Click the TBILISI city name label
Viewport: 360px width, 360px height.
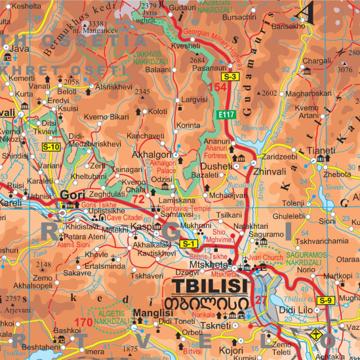pyautogui.click(x=210, y=287)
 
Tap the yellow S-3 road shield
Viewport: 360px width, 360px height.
pyautogui.click(x=229, y=77)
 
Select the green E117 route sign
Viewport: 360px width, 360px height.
pyautogui.click(x=227, y=115)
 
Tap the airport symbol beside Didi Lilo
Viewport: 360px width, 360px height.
pyautogui.click(x=316, y=334)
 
